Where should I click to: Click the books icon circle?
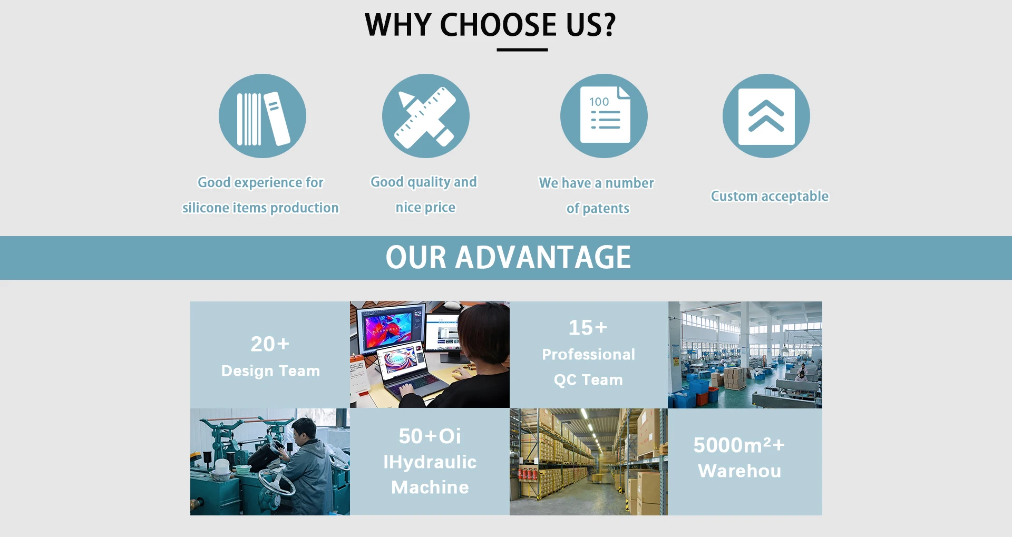point(262,116)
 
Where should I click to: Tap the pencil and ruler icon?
point(426,116)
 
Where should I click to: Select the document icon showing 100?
point(604,116)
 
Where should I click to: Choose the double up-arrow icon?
point(766,116)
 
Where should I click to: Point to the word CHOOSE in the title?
point(498,25)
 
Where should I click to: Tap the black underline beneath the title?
point(522,50)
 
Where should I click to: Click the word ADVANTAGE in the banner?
point(543,257)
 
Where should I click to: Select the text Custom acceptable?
point(770,196)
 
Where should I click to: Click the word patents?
point(606,209)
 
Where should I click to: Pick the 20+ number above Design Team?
point(270,344)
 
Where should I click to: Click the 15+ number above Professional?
point(588,328)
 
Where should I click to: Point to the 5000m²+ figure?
point(739,445)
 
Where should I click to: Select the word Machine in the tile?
point(430,487)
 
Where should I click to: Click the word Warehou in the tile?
point(739,471)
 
